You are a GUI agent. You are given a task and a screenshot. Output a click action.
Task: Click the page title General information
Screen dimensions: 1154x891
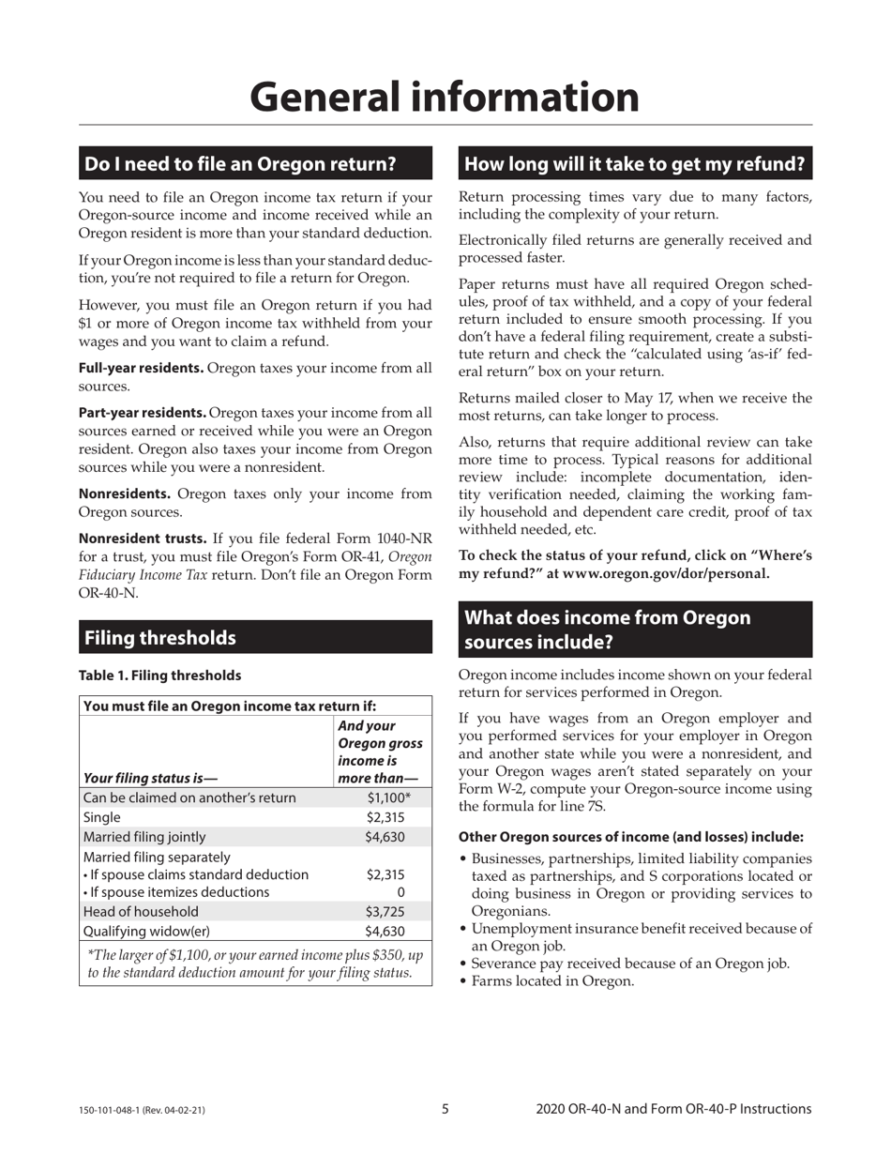pos(445,97)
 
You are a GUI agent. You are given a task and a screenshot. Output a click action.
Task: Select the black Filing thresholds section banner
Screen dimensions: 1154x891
pos(255,638)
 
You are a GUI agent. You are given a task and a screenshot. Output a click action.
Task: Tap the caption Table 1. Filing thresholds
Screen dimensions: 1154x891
pos(159,676)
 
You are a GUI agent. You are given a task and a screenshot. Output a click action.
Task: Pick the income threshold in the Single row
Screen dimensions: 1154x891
pos(385,817)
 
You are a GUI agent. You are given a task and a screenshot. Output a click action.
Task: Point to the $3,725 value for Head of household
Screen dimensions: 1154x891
pos(385,912)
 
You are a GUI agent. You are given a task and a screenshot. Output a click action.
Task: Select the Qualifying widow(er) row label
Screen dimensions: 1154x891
pos(146,932)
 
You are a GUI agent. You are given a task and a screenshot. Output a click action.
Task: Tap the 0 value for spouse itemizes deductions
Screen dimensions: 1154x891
pos(400,892)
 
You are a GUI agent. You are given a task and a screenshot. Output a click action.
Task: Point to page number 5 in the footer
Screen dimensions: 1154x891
pos(445,1109)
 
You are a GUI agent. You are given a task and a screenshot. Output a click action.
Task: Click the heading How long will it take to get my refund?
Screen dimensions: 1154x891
pos(635,164)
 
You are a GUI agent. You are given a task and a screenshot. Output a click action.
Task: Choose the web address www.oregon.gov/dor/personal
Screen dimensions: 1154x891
pos(665,573)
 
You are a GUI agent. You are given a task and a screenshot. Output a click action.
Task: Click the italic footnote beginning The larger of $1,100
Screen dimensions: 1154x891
pos(255,964)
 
